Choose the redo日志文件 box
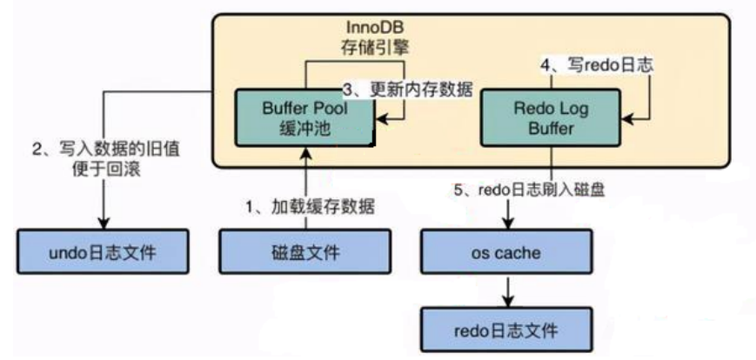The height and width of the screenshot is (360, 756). (x=507, y=330)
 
